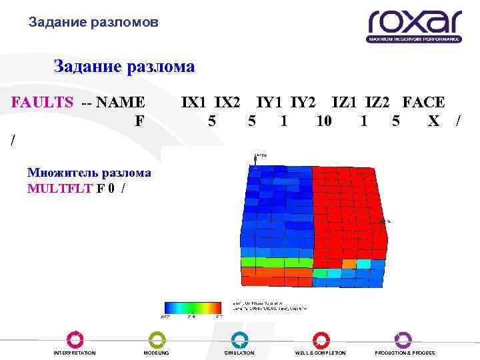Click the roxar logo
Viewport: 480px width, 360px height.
click(x=414, y=25)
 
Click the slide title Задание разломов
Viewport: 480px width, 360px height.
click(x=93, y=23)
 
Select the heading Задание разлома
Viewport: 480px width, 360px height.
click(x=124, y=67)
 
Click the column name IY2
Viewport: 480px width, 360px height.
click(x=303, y=102)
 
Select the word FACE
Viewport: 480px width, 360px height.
click(x=423, y=102)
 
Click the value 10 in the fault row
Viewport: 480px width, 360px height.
click(x=324, y=121)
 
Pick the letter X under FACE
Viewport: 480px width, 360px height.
click(x=434, y=121)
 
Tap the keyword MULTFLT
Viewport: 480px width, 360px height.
click(x=60, y=187)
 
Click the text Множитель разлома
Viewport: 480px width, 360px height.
click(x=89, y=173)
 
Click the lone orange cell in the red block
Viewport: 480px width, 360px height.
click(x=349, y=264)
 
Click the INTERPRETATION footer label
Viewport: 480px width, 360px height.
click(x=75, y=353)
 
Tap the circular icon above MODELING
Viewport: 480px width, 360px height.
click(x=157, y=339)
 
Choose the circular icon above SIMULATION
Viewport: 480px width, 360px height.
click(x=239, y=339)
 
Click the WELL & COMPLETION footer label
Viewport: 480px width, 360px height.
click(x=321, y=353)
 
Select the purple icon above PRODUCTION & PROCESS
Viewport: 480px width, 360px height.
click(x=403, y=339)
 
